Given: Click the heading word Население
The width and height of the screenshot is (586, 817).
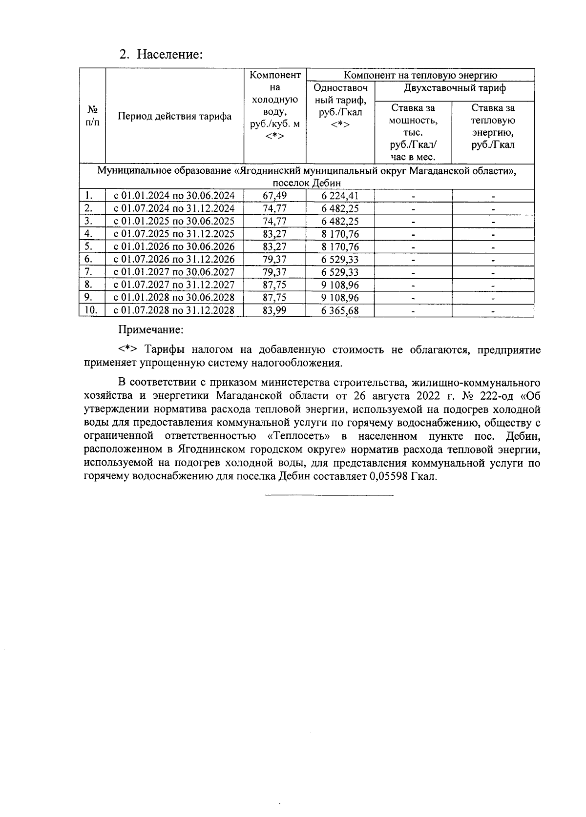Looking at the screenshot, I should pyautogui.click(x=169, y=54).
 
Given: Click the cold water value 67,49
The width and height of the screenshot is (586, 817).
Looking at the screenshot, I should pyautogui.click(x=274, y=196).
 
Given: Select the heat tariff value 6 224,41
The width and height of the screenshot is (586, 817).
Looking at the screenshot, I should pyautogui.click(x=340, y=196).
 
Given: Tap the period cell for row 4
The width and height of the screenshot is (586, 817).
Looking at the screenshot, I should pyautogui.click(x=174, y=234).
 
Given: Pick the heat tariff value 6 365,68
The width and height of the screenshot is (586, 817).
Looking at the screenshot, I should pyautogui.click(x=340, y=310).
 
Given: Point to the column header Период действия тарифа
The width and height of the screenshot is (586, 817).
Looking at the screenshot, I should pyautogui.click(x=174, y=116).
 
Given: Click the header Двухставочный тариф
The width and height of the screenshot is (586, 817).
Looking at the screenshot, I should pyautogui.click(x=454, y=88).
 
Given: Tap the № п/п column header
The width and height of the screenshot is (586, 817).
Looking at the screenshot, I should pyautogui.click(x=92, y=116).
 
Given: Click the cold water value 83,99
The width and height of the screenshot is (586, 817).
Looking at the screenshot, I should pyautogui.click(x=274, y=310).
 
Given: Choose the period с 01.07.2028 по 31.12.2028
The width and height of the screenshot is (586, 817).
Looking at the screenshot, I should pyautogui.click(x=174, y=310).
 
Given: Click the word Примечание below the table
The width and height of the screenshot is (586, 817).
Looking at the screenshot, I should pyautogui.click(x=151, y=329).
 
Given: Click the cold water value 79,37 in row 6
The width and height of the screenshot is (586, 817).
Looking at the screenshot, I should pyautogui.click(x=274, y=259).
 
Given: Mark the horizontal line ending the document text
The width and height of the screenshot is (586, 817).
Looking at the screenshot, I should pyautogui.click(x=329, y=496).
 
